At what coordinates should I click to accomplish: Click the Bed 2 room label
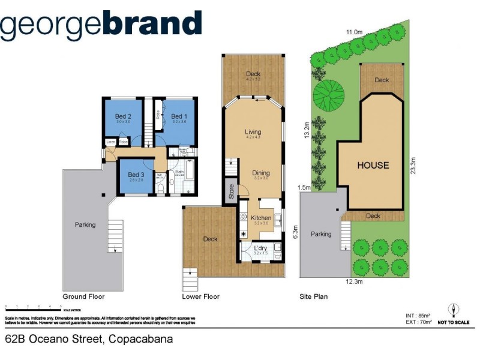124,116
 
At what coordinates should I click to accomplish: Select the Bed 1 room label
179,116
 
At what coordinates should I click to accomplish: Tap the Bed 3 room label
136,175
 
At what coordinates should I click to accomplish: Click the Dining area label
261,173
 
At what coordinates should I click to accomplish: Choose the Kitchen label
262,218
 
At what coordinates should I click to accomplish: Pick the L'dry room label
260,248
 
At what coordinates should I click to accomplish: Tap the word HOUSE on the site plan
373,165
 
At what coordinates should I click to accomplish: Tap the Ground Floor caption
83,296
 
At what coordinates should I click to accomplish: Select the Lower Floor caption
200,296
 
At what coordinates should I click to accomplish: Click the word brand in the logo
152,24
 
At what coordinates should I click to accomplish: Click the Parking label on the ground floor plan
85,225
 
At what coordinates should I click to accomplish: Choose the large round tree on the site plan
331,93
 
